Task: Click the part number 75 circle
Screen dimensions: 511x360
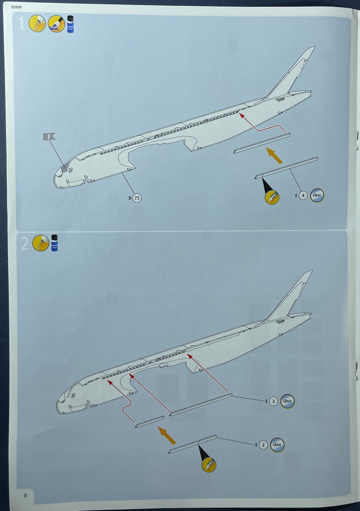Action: [x=137, y=198]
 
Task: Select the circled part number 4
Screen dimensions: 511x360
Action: [x=303, y=195]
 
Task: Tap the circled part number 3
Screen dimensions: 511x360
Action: [x=273, y=401]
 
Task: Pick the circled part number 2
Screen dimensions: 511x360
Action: [x=263, y=445]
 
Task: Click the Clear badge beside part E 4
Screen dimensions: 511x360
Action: [x=317, y=195]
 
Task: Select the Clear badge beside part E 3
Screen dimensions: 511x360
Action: [x=287, y=401]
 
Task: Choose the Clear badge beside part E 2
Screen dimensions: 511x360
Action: [x=277, y=445]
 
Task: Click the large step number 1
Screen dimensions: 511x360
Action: [x=21, y=24]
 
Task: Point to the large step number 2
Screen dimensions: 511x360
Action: [x=25, y=244]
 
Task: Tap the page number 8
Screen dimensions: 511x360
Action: [x=25, y=495]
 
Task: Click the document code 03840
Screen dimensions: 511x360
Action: [x=17, y=7]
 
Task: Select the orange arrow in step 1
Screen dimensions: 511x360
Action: [x=274, y=156]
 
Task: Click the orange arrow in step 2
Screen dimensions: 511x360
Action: [x=167, y=435]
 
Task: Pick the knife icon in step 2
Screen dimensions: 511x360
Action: [x=209, y=465]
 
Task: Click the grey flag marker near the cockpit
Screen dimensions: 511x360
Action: [x=49, y=136]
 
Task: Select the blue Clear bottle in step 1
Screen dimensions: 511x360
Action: [x=70, y=24]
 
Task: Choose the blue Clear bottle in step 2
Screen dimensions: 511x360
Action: [x=54, y=243]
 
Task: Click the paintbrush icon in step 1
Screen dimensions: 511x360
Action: [x=56, y=24]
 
